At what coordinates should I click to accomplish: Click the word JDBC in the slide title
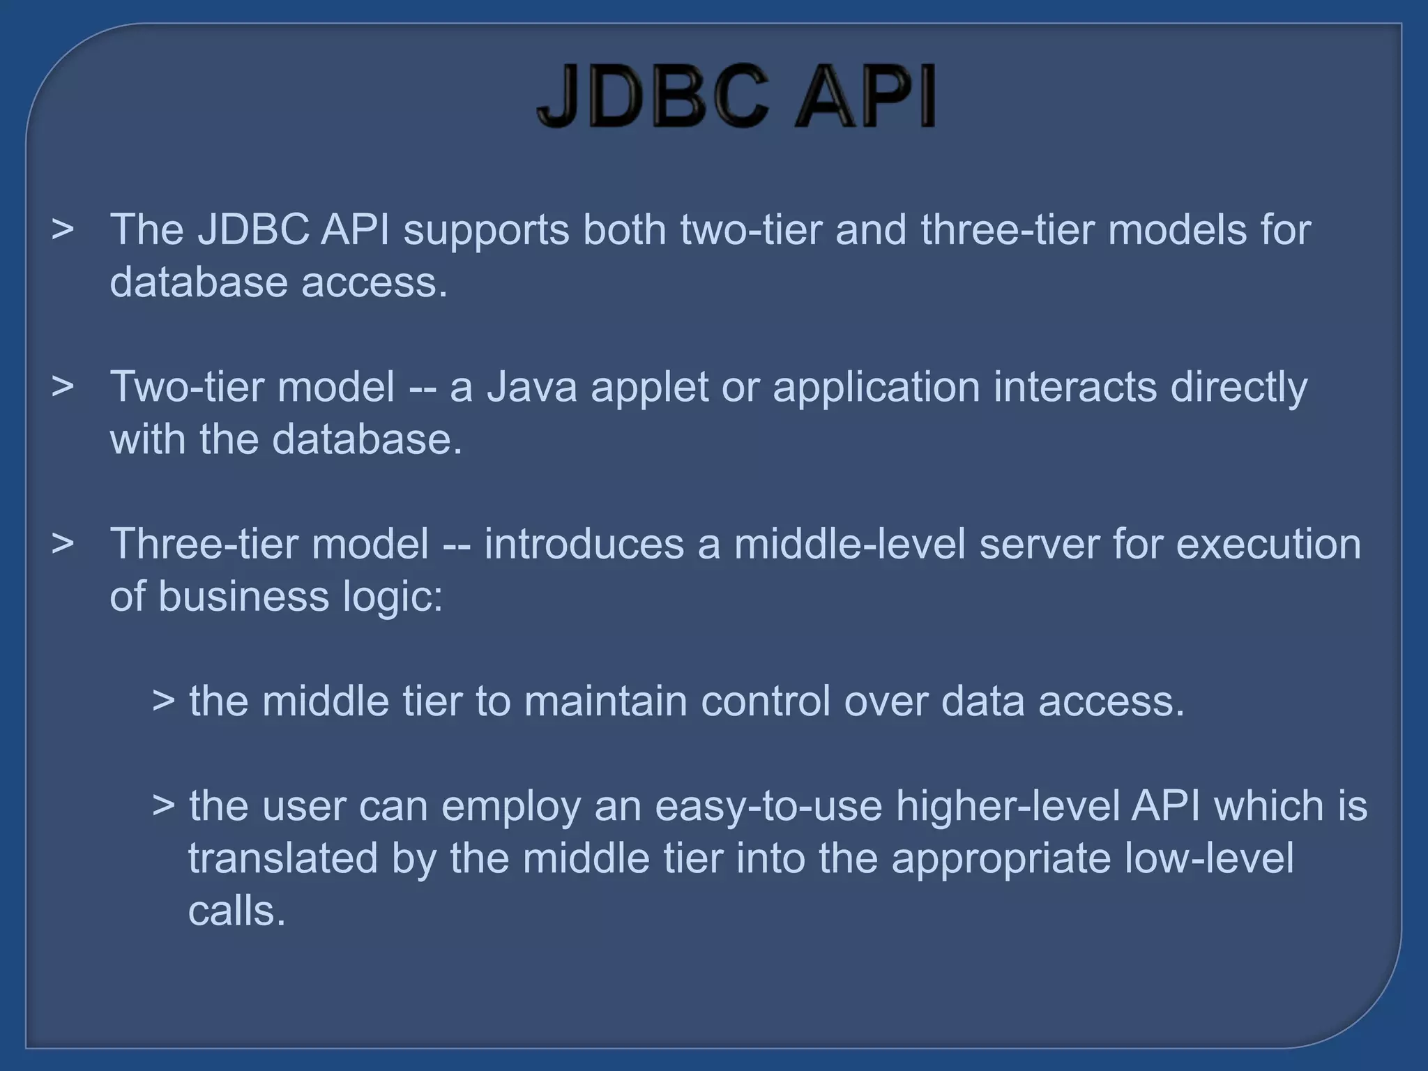(653, 98)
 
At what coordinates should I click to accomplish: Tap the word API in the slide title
(865, 98)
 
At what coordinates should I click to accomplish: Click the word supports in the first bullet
(486, 230)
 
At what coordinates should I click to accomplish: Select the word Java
(531, 388)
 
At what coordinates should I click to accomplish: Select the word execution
(1268, 545)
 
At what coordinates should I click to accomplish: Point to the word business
(243, 597)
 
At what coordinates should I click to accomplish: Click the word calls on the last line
(236, 911)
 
